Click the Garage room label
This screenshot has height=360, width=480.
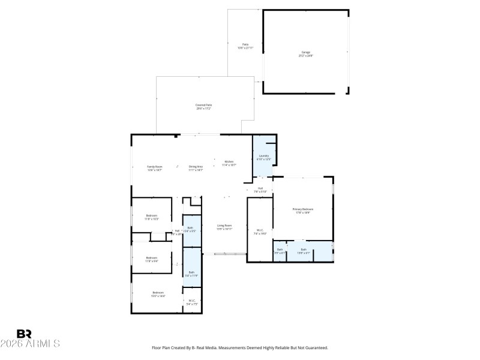[x=306, y=52]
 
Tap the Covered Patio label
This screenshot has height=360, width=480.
[x=203, y=104]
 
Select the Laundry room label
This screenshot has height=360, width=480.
[x=264, y=156]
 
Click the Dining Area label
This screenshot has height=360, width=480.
[x=196, y=166]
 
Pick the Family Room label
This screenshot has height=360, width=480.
[x=155, y=166]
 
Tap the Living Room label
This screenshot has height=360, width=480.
[x=224, y=226]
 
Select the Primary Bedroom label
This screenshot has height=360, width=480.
[x=303, y=209]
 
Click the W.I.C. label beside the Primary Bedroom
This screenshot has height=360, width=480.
[x=260, y=230]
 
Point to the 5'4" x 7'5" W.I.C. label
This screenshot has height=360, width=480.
[x=192, y=301]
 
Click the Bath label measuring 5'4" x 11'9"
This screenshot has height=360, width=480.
[x=191, y=272]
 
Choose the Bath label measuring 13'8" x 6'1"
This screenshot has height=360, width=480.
[x=304, y=249]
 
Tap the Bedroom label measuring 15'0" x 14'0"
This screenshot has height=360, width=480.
[x=158, y=292]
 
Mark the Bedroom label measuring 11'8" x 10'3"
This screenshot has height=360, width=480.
[x=151, y=215]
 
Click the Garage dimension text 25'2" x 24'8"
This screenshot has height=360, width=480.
[x=306, y=56]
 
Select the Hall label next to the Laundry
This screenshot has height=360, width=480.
[x=260, y=188]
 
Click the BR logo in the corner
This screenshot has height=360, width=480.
[x=24, y=334]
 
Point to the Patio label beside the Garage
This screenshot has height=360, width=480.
[x=245, y=44]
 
